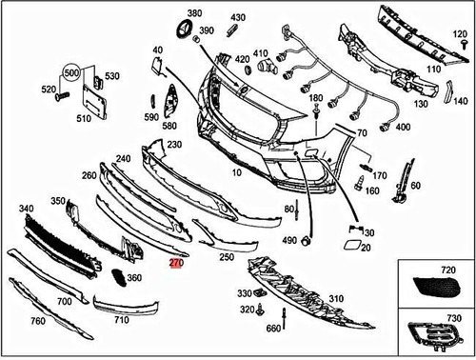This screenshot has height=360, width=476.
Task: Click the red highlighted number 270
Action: pyautogui.click(x=176, y=263)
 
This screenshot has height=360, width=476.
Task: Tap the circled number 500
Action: pyautogui.click(x=72, y=72)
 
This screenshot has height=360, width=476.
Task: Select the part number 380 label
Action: pyautogui.click(x=194, y=14)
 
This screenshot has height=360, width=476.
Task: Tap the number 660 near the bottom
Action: pyautogui.click(x=274, y=329)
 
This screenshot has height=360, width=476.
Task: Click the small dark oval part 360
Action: pyautogui.click(x=116, y=277)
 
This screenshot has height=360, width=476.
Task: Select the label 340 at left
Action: pyautogui.click(x=27, y=208)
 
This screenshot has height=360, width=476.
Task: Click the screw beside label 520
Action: pyautogui.click(x=62, y=95)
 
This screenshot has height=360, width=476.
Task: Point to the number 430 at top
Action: pyautogui.click(x=237, y=18)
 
